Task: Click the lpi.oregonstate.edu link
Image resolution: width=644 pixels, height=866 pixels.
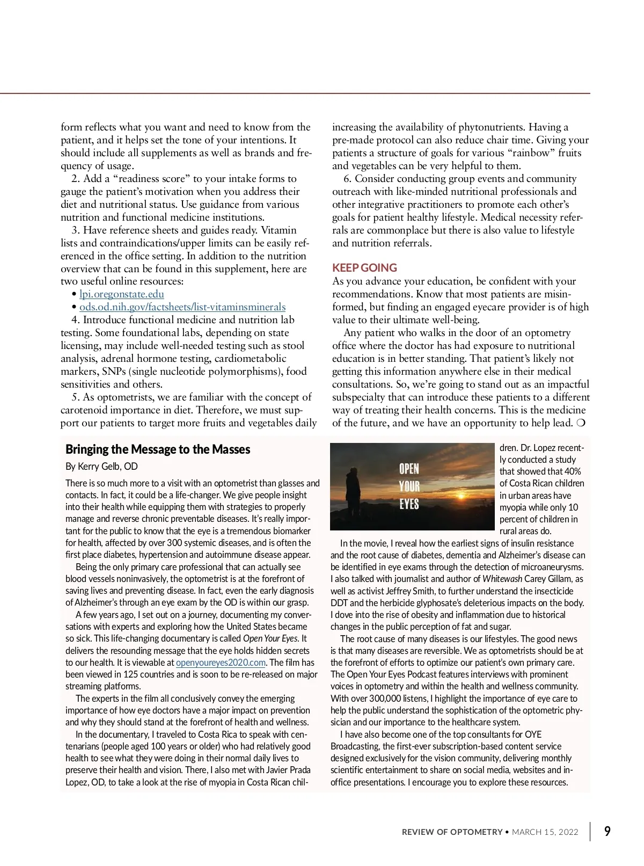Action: pyautogui.click(x=122, y=294)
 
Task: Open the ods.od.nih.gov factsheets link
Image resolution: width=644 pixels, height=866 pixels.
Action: pyautogui.click(x=182, y=307)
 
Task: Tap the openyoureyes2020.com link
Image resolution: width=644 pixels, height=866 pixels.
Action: pyautogui.click(x=221, y=663)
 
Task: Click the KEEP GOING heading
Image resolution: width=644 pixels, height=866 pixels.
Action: pyautogui.click(x=364, y=268)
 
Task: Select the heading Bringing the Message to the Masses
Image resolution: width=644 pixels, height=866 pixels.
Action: pyautogui.click(x=158, y=449)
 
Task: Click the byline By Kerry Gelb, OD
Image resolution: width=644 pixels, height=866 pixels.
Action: pyautogui.click(x=101, y=467)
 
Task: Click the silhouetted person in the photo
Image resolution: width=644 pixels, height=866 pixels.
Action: pyautogui.click(x=354, y=494)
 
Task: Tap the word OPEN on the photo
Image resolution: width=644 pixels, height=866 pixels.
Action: pyautogui.click(x=409, y=469)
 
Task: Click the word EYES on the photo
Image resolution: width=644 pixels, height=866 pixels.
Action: pyautogui.click(x=409, y=504)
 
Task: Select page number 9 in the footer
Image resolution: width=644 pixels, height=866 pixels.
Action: pyautogui.click(x=607, y=832)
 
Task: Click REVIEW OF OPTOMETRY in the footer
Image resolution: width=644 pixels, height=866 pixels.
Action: pyautogui.click(x=452, y=832)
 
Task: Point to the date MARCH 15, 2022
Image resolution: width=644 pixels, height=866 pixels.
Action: pyautogui.click(x=545, y=832)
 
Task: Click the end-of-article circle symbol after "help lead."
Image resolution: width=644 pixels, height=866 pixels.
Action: pyautogui.click(x=581, y=423)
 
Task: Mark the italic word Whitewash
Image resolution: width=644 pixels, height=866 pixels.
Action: pyautogui.click(x=502, y=579)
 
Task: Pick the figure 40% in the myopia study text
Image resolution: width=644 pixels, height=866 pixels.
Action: pyautogui.click(x=572, y=471)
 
